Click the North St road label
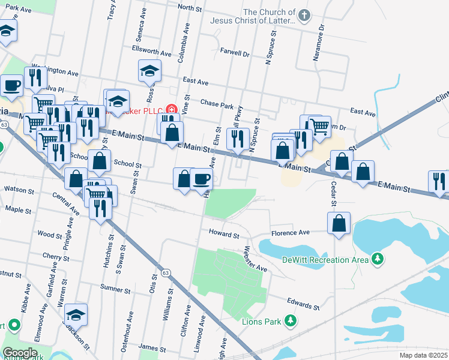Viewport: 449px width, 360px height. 189,8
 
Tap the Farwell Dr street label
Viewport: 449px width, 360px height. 235,53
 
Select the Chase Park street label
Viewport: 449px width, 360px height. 217,105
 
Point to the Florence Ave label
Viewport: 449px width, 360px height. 290,232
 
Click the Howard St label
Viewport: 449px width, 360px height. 224,233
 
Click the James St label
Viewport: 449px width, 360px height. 152,348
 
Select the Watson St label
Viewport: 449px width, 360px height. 19,190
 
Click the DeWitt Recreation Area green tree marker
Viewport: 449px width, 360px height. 377,259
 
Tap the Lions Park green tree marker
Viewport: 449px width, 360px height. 290,322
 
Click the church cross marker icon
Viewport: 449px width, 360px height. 305,16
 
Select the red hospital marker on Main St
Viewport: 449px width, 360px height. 172,110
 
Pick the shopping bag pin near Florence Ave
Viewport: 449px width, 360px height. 339,223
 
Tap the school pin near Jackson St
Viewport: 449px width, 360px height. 76,314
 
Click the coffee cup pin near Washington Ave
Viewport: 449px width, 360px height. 11,86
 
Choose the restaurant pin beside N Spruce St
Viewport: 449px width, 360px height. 238,139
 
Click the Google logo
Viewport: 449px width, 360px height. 20,353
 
